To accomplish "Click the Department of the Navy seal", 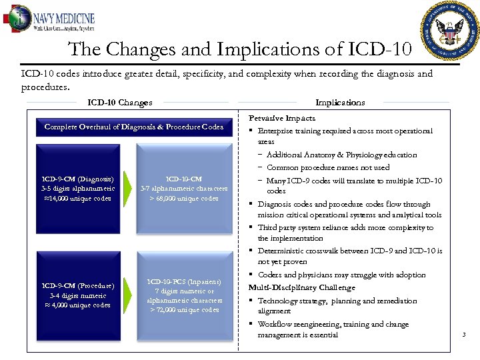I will click(450, 30).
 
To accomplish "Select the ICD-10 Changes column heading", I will click(120, 103).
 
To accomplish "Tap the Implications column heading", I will click(340, 103).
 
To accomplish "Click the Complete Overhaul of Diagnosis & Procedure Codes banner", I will click(134, 127).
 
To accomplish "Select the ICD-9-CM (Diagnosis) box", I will click(77, 189).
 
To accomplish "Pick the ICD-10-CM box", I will click(185, 189).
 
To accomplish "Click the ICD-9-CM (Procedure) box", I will click(77, 295).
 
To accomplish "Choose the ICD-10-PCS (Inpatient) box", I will click(185, 295).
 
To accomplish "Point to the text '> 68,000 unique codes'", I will click(185, 199).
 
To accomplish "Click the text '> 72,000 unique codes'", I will click(185, 310).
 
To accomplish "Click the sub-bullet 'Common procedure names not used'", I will click(328, 167).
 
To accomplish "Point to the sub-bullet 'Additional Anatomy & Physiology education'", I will click(341, 155).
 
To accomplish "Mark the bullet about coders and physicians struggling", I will click(341, 275).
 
